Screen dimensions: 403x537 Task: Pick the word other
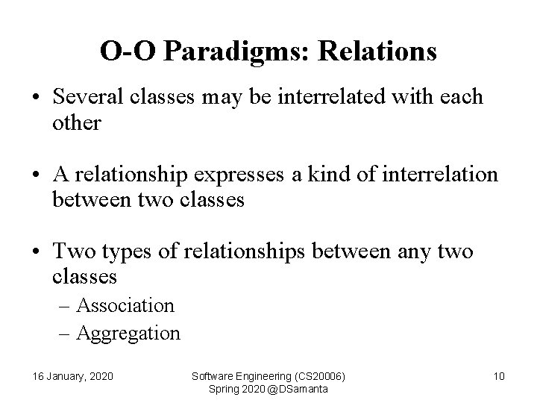tap(76, 123)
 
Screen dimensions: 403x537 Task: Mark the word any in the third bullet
tap(414, 252)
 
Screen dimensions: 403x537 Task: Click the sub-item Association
tap(125, 305)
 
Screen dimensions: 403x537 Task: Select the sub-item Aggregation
tap(128, 333)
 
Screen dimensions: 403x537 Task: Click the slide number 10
tap(499, 376)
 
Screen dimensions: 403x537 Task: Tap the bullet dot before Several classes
tap(37, 98)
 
